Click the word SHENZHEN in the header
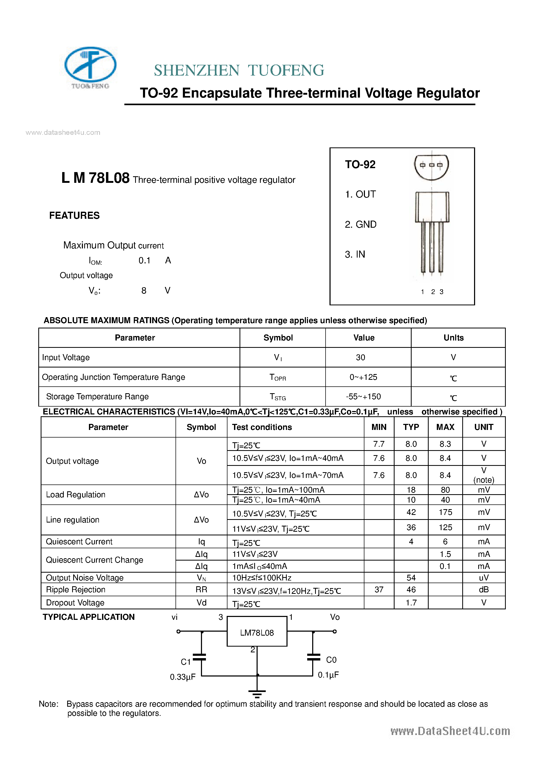point(196,71)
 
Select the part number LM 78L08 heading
point(95,178)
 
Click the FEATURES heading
point(74,215)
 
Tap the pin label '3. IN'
point(355,254)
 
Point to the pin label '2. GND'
point(360,224)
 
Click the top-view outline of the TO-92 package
point(431,166)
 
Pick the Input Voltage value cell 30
point(360,358)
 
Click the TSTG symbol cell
point(278,397)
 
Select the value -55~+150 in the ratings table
point(363,397)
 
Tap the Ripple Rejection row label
point(76,590)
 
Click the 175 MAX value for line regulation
point(445,512)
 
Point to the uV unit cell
point(483,578)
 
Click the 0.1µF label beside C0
point(328,675)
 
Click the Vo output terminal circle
point(334,631)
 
